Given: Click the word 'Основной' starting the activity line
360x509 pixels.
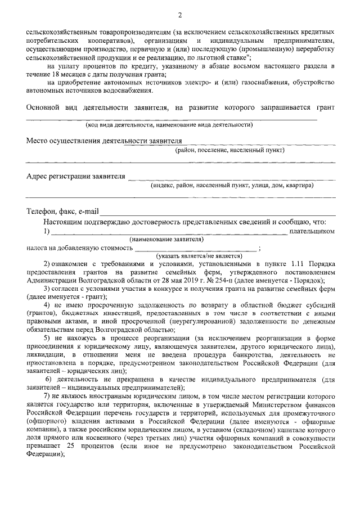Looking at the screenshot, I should (x=44, y=107).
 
